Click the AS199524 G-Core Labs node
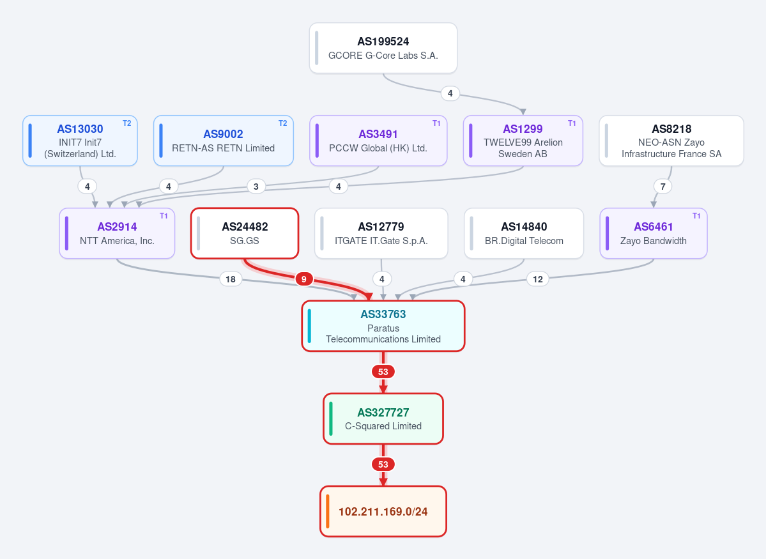(383, 48)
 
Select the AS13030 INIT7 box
(80, 141)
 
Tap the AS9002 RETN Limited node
(223, 141)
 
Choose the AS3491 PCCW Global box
(378, 141)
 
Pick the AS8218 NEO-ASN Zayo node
(671, 141)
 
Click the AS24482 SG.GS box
(245, 233)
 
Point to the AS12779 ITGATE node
(381, 233)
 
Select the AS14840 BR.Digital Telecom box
(524, 233)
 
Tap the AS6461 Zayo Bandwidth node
(654, 233)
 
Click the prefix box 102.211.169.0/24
(383, 511)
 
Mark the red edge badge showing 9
(304, 279)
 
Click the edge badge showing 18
(231, 279)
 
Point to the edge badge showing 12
(538, 279)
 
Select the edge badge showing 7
(663, 186)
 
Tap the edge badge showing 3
(256, 186)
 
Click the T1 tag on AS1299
(572, 123)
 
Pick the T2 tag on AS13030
(127, 123)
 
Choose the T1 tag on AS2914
(164, 216)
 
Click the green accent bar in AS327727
(331, 418)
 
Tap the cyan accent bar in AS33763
(309, 326)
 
